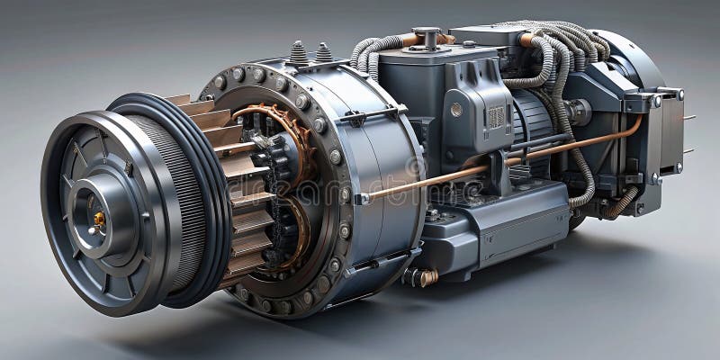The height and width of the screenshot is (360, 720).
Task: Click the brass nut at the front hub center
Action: pyautogui.click(x=98, y=219)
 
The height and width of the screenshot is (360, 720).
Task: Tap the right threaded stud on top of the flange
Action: pyautogui.click(x=323, y=53)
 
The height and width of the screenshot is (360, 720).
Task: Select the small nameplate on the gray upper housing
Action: pyautogui.click(x=496, y=116)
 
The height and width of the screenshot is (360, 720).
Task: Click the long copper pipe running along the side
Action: pyautogui.click(x=504, y=162)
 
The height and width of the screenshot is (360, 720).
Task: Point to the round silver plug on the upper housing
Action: pyautogui.click(x=456, y=109)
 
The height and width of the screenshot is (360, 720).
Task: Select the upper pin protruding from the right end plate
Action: pyautogui.click(x=688, y=118)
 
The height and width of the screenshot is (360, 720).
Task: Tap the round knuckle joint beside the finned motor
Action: pyautogui.click(x=576, y=112)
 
